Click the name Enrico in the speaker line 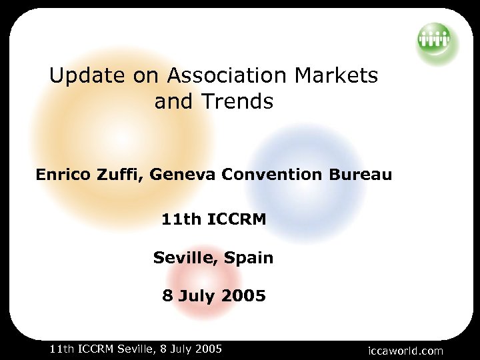[x=63, y=175]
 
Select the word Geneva [x=183, y=175]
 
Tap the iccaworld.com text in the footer [x=405, y=351]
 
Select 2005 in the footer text [x=207, y=349]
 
